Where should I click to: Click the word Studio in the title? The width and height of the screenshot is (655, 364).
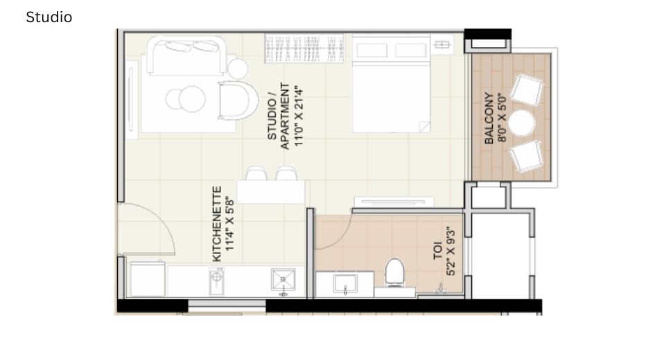(x=49, y=17)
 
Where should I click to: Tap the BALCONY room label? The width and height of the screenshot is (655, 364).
(x=489, y=119)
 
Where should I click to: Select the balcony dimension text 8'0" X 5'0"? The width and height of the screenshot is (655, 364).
(x=503, y=119)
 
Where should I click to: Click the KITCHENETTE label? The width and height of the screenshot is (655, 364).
(x=217, y=223)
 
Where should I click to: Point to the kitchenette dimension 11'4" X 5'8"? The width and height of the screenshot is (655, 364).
(x=230, y=223)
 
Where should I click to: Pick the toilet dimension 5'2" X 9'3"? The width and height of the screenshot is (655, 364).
(x=451, y=251)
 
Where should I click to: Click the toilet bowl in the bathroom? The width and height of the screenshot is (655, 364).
(x=394, y=272)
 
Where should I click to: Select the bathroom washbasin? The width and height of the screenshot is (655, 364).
(x=344, y=284)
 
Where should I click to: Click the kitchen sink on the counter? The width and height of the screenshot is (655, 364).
(x=283, y=281)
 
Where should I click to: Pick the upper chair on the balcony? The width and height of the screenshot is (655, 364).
(x=528, y=90)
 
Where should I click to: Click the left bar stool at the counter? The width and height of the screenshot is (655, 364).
(x=256, y=173)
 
